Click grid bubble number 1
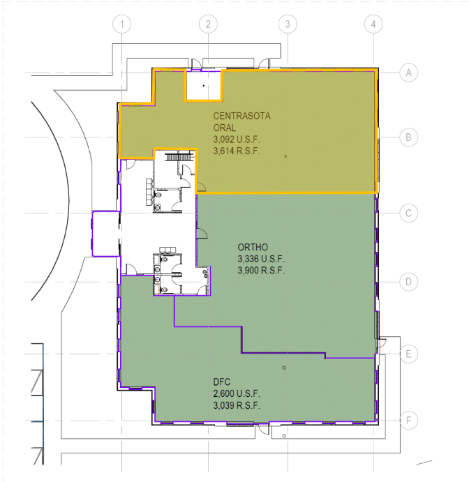121,24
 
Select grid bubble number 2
208,24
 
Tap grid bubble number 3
288,24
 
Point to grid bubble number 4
373,24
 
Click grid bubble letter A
409,73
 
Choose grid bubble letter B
409,137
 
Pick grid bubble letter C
409,213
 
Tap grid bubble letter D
409,282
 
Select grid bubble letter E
409,354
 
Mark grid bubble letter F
409,420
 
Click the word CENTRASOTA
241,116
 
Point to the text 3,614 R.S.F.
237,151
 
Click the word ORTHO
253,247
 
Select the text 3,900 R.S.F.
261,271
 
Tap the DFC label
221,382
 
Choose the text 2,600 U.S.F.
237,394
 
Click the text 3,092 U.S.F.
237,140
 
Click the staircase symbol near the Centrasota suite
180,158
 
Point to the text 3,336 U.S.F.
261,259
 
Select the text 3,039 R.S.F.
237,405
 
